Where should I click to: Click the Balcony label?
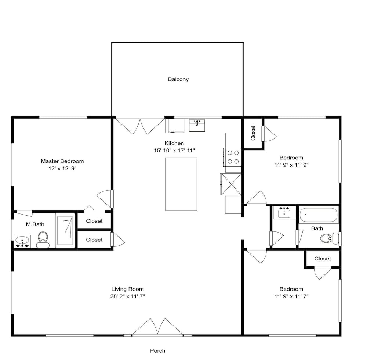click(x=178, y=79)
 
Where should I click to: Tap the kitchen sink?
click(x=197, y=125)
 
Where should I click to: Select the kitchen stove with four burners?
click(x=232, y=157)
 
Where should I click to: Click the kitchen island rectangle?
click(x=181, y=184)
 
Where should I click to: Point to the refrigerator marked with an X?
click(x=230, y=184)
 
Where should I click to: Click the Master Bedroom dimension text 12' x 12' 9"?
click(x=62, y=168)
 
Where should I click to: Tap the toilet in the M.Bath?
click(x=43, y=240)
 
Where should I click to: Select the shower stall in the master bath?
click(x=65, y=230)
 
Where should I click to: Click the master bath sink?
click(x=22, y=241)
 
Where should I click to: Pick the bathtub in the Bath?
click(x=319, y=215)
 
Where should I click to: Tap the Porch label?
click(x=157, y=350)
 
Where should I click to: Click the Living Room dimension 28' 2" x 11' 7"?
click(x=128, y=296)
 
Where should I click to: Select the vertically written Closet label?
click(x=253, y=133)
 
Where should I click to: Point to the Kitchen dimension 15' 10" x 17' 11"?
click(x=174, y=150)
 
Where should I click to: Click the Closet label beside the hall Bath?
click(x=323, y=259)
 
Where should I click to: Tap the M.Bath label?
click(x=35, y=224)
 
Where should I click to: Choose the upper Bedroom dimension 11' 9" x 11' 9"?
click(x=291, y=165)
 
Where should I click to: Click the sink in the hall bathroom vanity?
click(x=284, y=213)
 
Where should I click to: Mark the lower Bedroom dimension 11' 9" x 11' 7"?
click(x=291, y=296)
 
